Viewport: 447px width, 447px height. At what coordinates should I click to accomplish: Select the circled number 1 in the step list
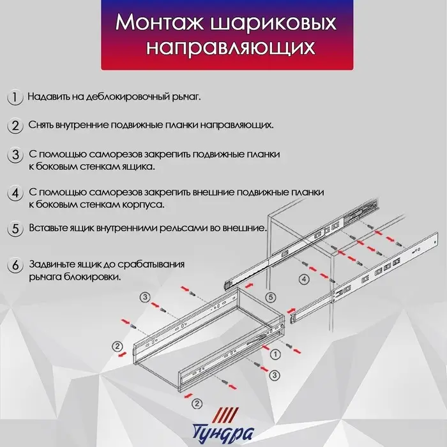click(14, 97)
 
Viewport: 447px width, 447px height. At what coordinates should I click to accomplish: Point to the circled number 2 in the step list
click(14, 125)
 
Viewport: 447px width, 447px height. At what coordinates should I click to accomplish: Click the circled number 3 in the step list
click(14, 155)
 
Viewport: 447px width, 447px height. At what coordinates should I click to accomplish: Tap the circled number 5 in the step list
click(14, 229)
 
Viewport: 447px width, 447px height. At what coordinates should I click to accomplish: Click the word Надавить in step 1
click(49, 97)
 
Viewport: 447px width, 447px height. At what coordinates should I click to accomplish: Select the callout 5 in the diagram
click(270, 297)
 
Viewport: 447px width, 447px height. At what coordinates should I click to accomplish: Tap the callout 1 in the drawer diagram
click(275, 353)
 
